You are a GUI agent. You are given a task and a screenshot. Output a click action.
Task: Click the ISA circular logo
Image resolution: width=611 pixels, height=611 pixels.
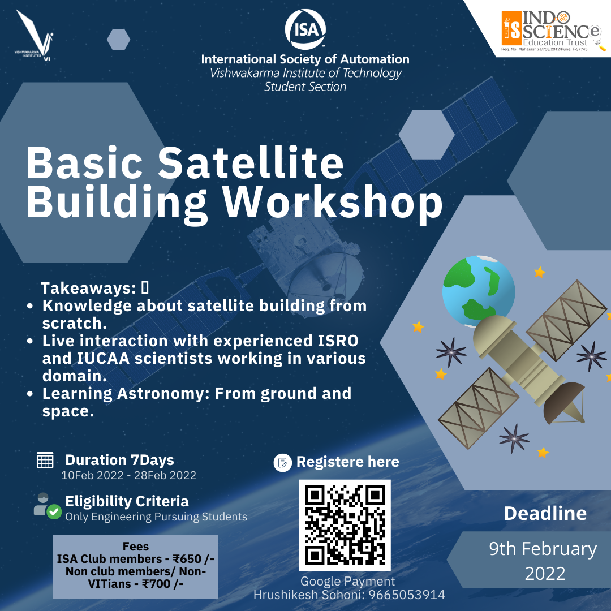(x=305, y=29)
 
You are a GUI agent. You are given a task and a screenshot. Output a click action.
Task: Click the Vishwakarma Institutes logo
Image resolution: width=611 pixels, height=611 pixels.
(x=35, y=36)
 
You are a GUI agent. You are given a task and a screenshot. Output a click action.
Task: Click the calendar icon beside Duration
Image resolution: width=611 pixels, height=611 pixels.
(x=45, y=460)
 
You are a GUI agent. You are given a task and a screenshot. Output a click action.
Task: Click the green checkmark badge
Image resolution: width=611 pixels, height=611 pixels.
(x=54, y=512)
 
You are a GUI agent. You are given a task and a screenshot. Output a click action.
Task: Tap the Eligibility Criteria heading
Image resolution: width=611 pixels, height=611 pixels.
(x=127, y=501)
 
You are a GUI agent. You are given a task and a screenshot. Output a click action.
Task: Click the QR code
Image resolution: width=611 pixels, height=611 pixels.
(x=345, y=525)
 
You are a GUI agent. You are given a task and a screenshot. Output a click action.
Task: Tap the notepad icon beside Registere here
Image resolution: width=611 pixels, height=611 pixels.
(x=282, y=463)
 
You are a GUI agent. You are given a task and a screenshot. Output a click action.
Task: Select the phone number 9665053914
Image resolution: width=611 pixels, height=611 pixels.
(x=407, y=595)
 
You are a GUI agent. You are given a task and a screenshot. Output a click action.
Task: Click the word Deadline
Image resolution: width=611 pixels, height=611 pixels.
(x=545, y=513)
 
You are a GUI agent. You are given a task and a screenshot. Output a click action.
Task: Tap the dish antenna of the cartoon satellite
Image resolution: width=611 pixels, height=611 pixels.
(x=563, y=403)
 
